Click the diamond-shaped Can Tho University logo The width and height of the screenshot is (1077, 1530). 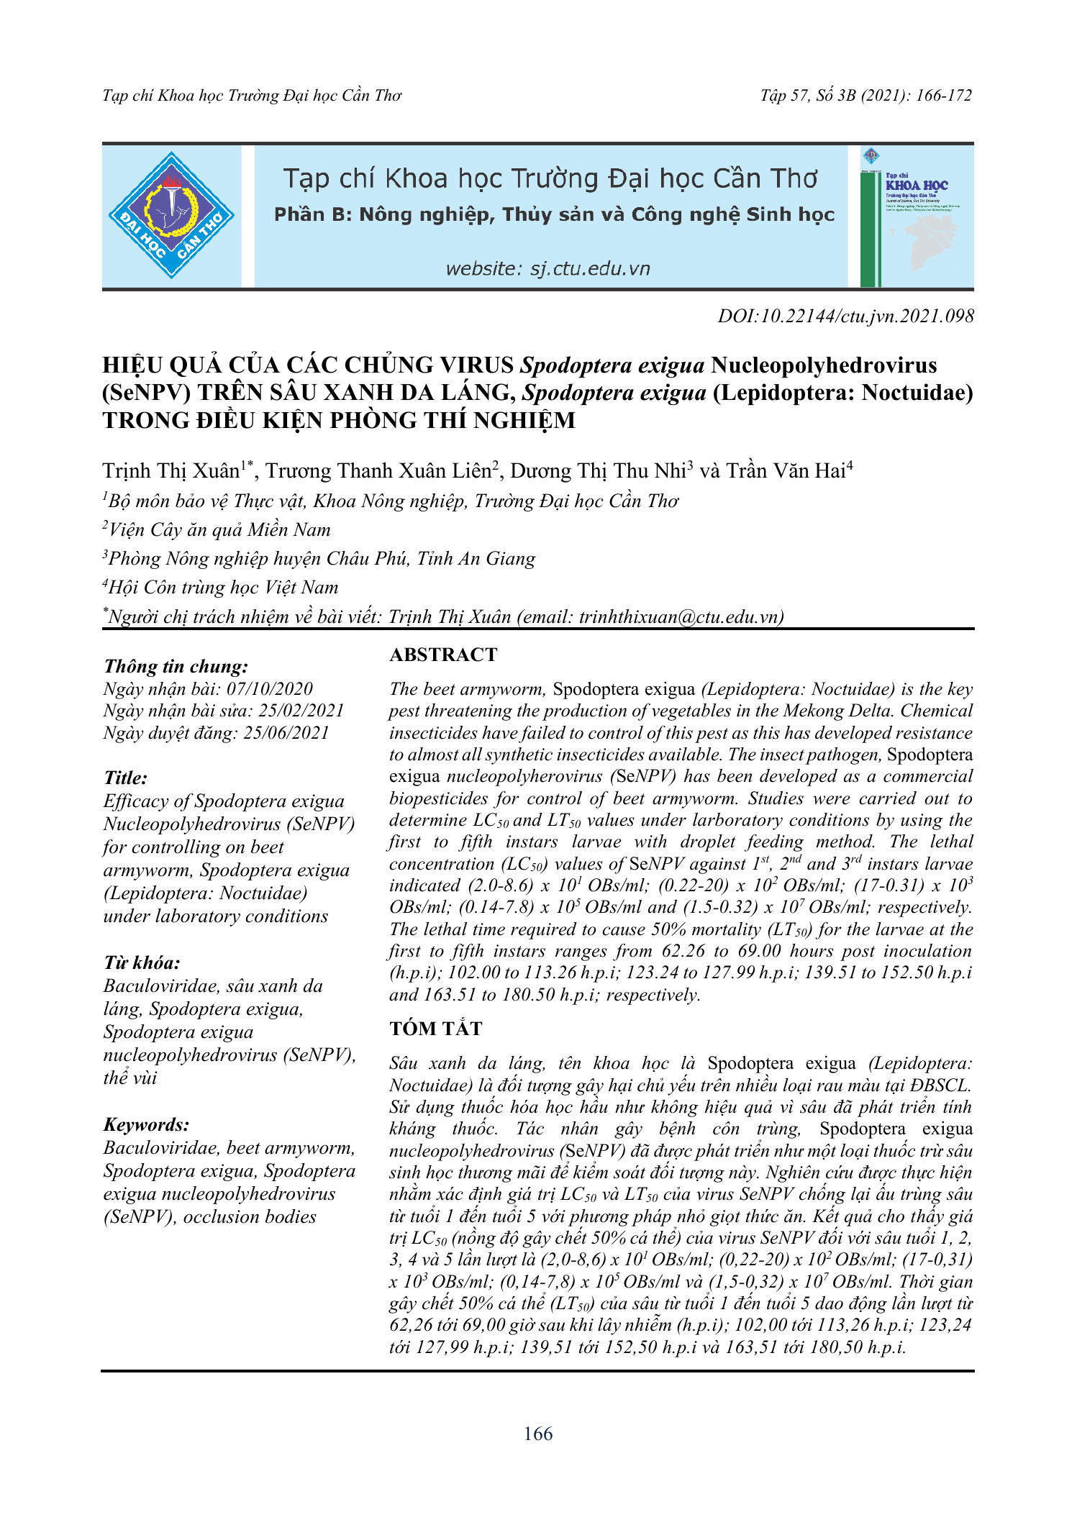tap(171, 215)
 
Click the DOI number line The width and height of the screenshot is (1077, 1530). tap(845, 316)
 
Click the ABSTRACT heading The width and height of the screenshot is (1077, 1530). tap(443, 655)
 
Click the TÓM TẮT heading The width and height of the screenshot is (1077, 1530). tap(436, 1029)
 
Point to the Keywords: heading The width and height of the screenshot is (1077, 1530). tap(147, 1124)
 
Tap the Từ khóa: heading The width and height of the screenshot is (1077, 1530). tap(142, 962)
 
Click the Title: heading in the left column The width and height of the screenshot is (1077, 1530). tap(126, 778)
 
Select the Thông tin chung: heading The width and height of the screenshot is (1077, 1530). tap(176, 666)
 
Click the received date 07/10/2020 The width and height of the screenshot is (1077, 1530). tap(270, 689)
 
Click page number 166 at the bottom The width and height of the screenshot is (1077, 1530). tap(538, 1434)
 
